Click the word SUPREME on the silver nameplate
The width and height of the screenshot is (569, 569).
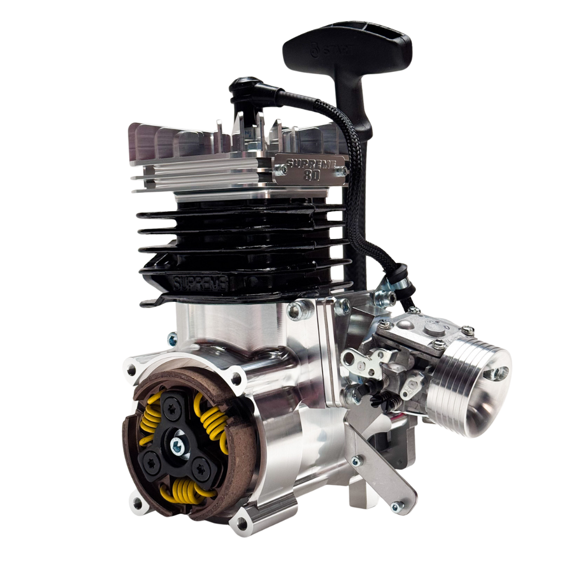[x=308, y=163]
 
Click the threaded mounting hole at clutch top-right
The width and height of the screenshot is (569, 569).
[x=237, y=377]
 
